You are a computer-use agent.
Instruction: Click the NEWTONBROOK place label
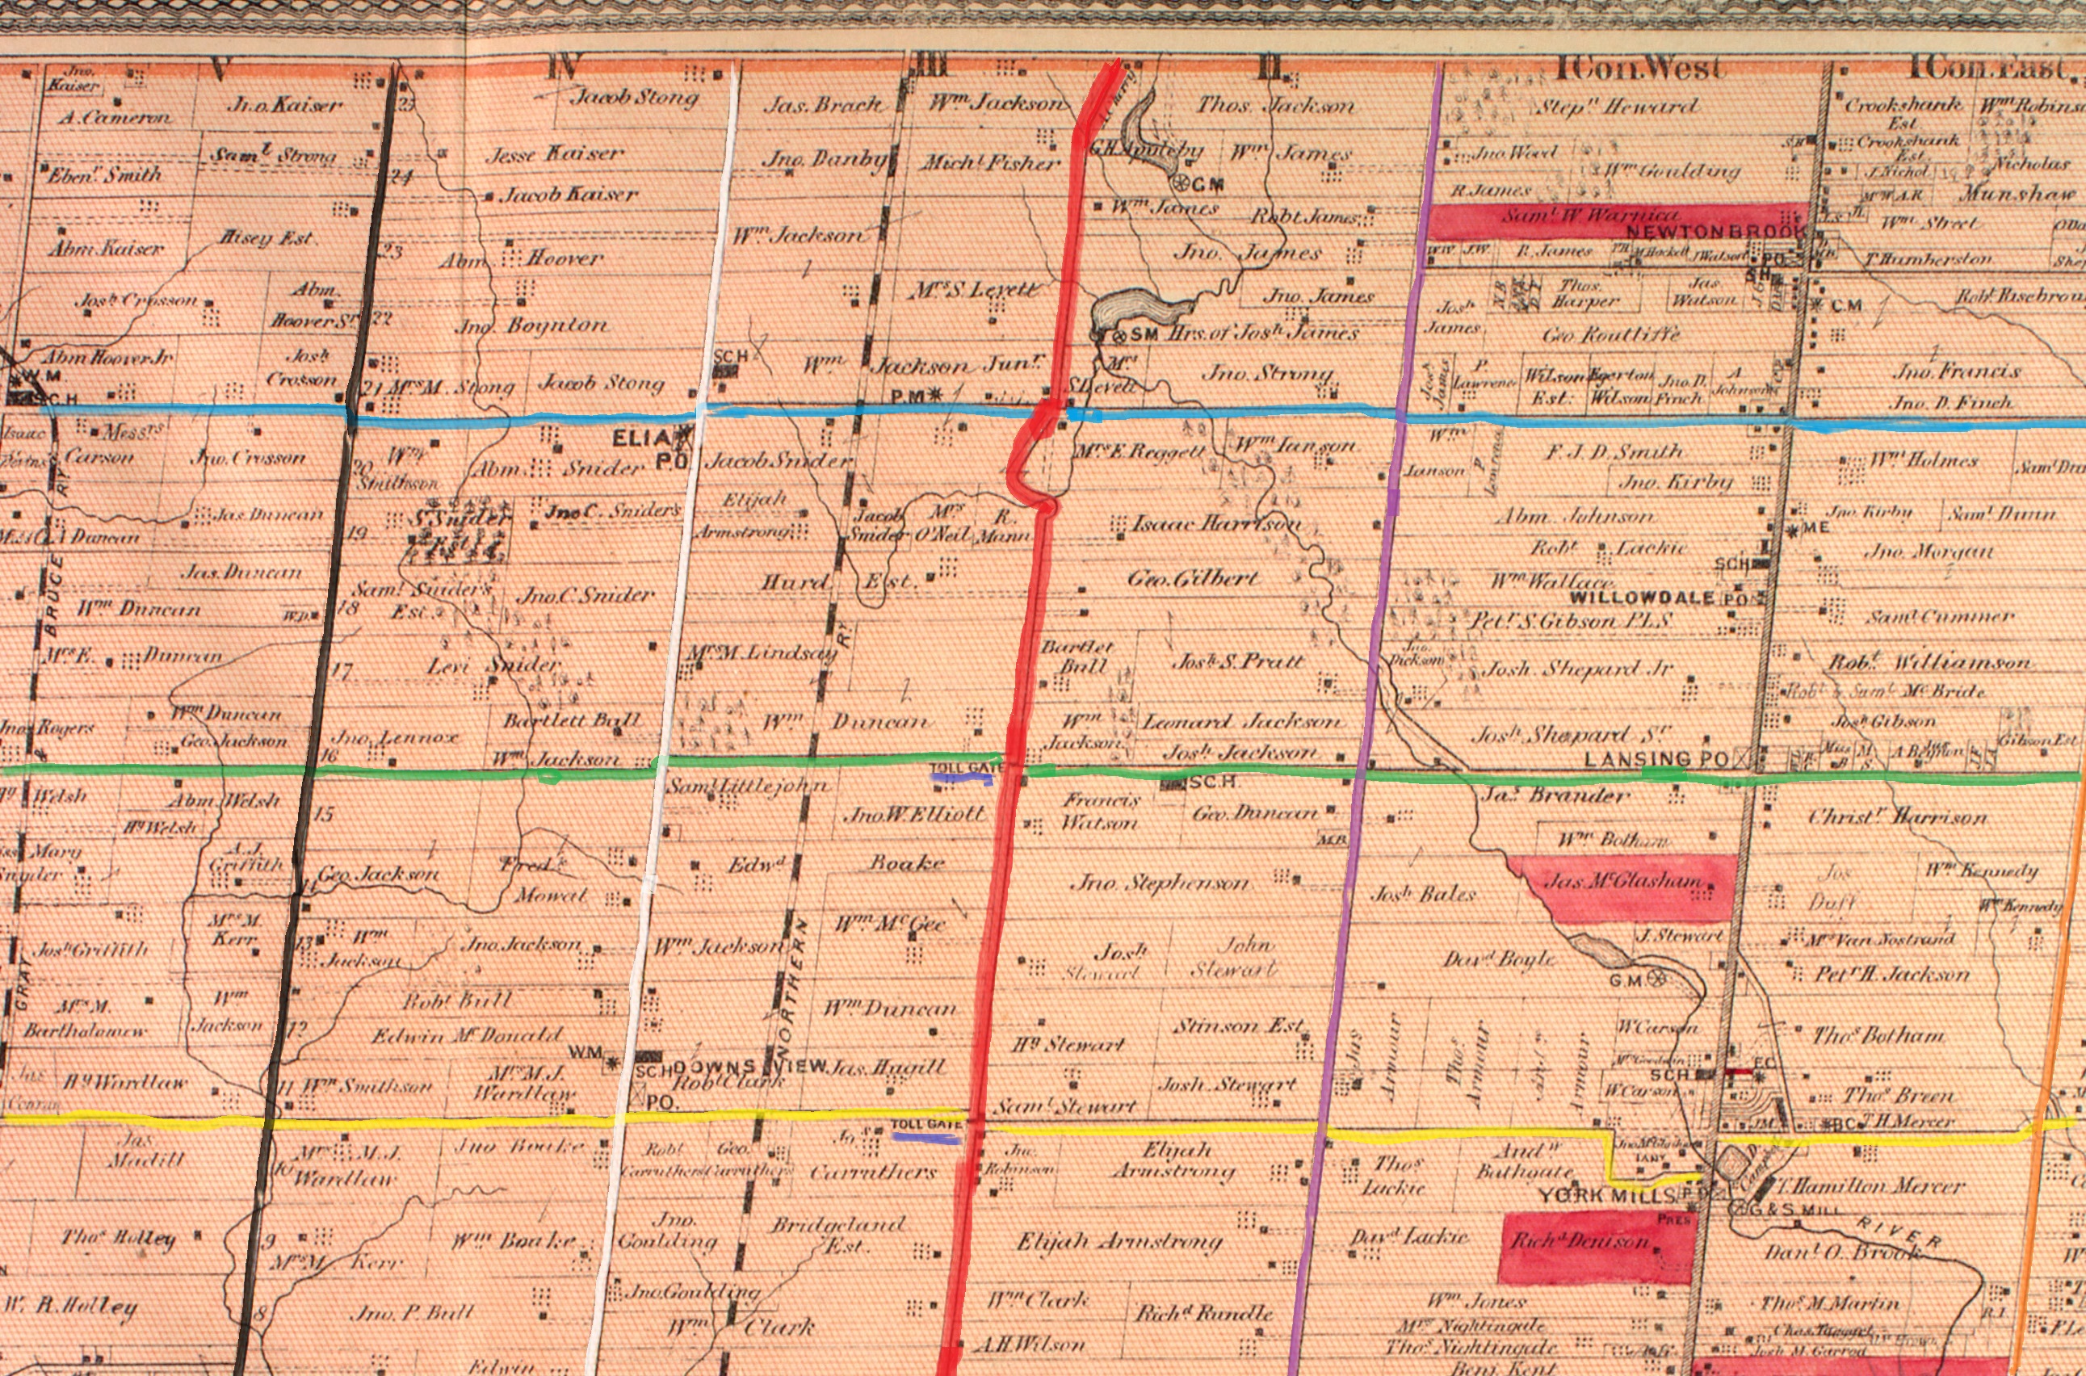click(1714, 232)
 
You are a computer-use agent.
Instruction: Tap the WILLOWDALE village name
click(1641, 598)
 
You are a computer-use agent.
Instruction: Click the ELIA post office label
click(649, 438)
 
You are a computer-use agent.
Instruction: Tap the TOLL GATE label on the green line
click(963, 768)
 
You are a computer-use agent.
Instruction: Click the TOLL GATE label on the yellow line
click(927, 1124)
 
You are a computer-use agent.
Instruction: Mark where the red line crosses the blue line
click(1047, 413)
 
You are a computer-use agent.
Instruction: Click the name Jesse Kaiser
click(555, 154)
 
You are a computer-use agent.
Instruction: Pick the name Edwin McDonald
click(466, 1035)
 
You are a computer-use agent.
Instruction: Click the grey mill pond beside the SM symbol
click(1141, 309)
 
